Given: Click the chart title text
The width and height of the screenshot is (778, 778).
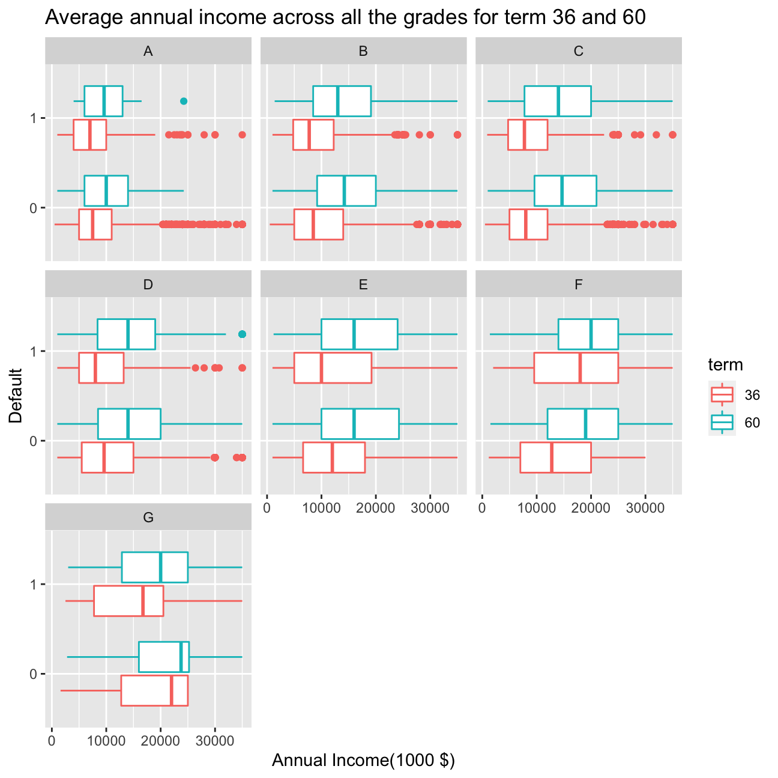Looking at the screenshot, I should coord(345,17).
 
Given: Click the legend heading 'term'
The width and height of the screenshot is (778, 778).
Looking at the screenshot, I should coord(725,364).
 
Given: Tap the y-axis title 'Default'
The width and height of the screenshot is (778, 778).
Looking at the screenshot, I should coord(16,396).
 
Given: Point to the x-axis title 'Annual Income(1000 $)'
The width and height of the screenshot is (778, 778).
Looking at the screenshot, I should coord(363,760).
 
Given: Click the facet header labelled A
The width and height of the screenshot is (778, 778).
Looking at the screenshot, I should coord(148,51).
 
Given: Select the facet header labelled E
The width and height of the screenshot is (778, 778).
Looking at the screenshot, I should coord(363,284).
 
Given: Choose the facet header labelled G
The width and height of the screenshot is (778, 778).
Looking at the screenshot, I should coord(148,517).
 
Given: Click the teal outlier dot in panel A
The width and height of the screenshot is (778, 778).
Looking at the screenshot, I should coord(184,101).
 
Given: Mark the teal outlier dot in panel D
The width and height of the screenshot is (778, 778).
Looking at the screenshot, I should coord(243,334).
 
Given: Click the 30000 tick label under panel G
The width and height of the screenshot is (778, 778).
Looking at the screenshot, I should coord(215,741).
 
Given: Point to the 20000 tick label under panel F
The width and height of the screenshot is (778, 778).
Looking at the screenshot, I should coord(591,508).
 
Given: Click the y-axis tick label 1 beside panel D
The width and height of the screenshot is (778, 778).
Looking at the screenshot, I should coord(34,351).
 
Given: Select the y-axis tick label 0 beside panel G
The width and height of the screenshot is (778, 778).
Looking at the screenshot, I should coord(34,674).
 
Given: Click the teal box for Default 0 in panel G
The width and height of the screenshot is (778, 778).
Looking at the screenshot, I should coord(164,657).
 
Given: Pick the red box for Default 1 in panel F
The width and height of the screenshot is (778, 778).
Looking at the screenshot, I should coord(576,367).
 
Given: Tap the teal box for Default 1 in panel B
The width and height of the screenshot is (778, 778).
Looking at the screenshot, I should coord(342,101).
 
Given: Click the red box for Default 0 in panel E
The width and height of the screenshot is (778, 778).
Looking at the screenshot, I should coord(334,457).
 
